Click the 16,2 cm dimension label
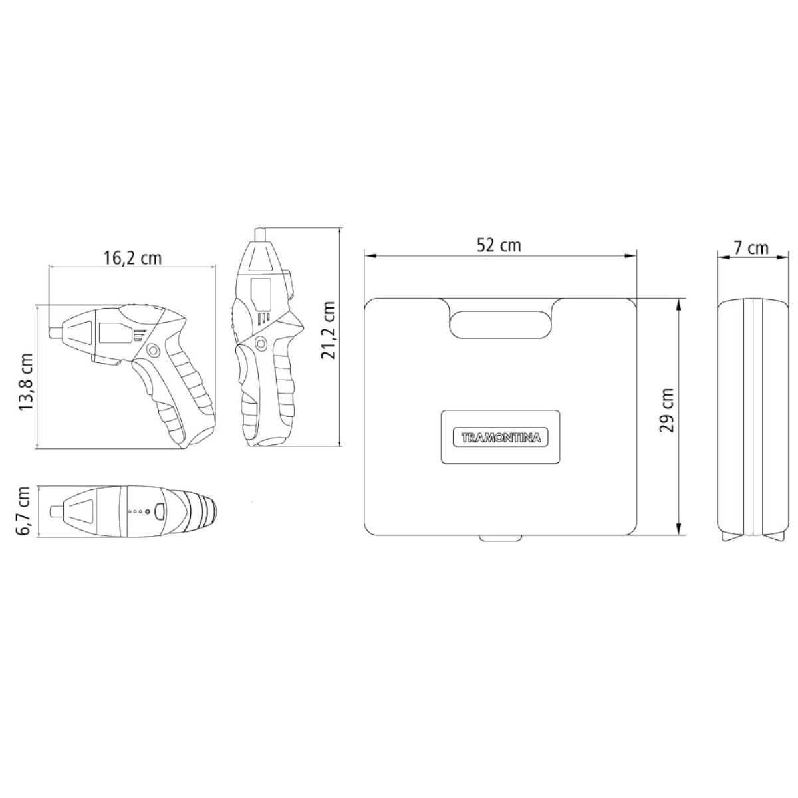coord(132,259)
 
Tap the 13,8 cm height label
coord(26,382)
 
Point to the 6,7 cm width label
coord(24,512)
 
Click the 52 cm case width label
coord(499,245)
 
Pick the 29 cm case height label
coord(666,410)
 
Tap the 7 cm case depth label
coord(751,248)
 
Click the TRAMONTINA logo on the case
coord(500,438)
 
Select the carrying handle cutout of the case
coord(500,325)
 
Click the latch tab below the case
coord(500,539)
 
